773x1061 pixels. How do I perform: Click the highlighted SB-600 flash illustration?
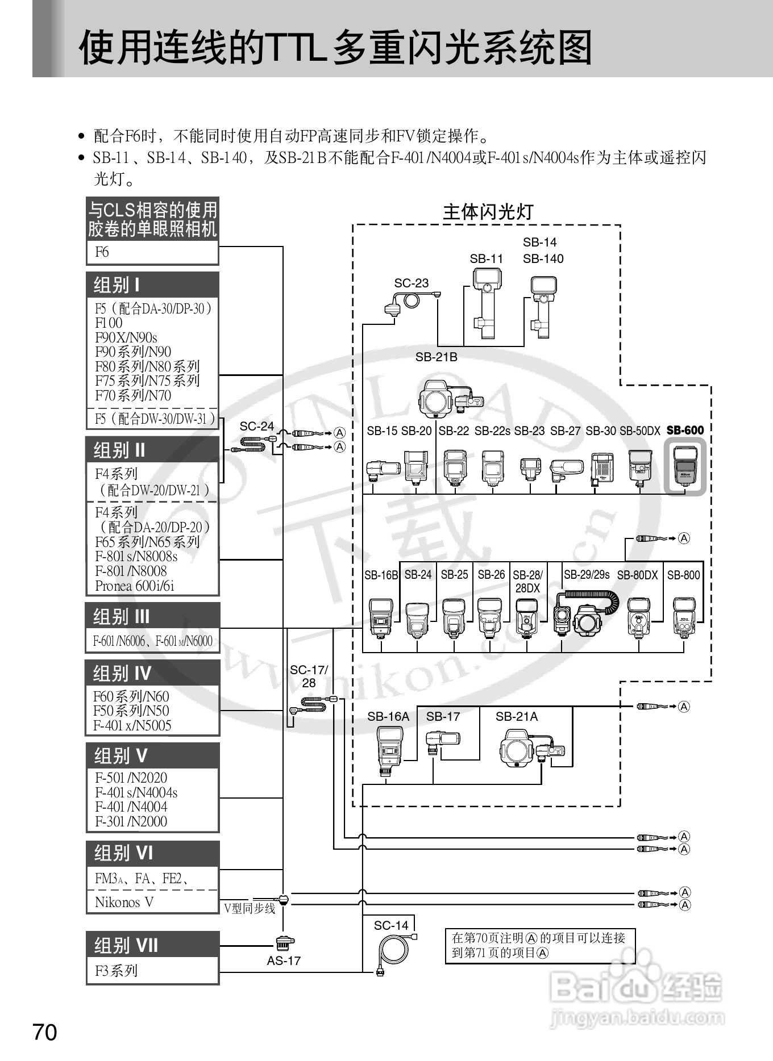pyautogui.click(x=685, y=466)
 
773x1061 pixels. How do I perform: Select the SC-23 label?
pyautogui.click(x=412, y=283)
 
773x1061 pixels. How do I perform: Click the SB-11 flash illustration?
pyautogui.click(x=486, y=303)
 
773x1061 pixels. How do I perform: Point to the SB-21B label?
pyautogui.click(x=436, y=357)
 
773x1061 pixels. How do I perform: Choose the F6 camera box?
pyautogui.click(x=152, y=252)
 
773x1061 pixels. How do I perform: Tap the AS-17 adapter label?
pyautogui.click(x=284, y=960)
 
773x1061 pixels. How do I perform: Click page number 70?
pyautogui.click(x=45, y=1032)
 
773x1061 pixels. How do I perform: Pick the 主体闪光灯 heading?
pyautogui.click(x=488, y=212)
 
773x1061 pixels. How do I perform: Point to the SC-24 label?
pyautogui.click(x=257, y=426)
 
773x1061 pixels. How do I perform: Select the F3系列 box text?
pyautogui.click(x=117, y=970)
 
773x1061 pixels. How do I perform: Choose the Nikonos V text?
pyautogui.click(x=124, y=902)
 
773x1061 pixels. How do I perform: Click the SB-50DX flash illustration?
pyautogui.click(x=640, y=469)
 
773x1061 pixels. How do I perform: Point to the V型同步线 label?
pyautogui.click(x=250, y=908)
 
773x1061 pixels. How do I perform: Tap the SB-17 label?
pyautogui.click(x=443, y=716)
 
